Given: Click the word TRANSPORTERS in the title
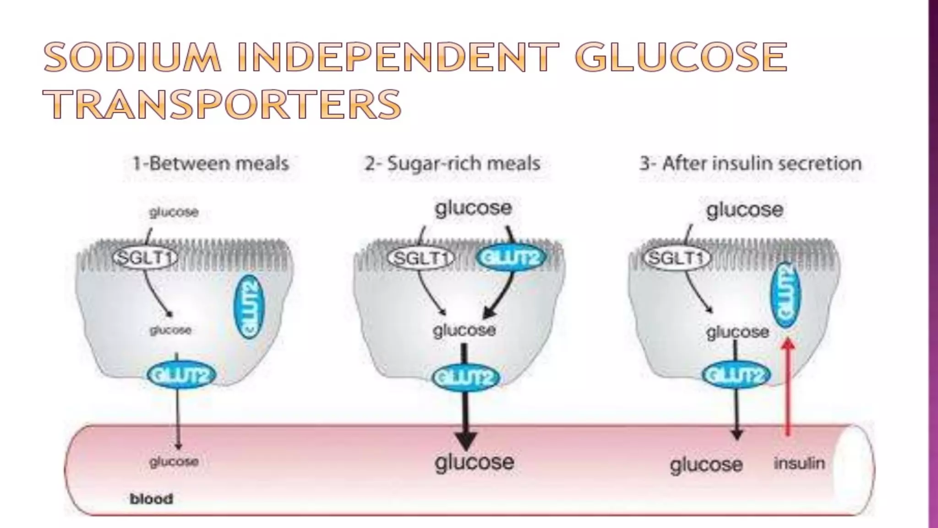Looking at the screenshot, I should pyautogui.click(x=223, y=104).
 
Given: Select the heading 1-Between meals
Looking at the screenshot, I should pyautogui.click(x=211, y=164).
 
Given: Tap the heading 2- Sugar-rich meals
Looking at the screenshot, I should pyautogui.click(x=453, y=164).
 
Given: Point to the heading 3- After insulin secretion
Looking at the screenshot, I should pyautogui.click(x=751, y=164).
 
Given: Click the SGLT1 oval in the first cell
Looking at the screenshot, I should pyautogui.click(x=145, y=258).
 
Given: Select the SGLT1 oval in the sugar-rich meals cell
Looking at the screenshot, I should pyautogui.click(x=420, y=258).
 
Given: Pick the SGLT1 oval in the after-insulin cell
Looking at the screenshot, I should pyautogui.click(x=676, y=258).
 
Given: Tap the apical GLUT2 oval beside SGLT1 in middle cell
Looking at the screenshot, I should pyautogui.click(x=511, y=258).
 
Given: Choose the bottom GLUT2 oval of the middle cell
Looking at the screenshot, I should pyautogui.click(x=466, y=378).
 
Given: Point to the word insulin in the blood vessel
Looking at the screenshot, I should pyautogui.click(x=799, y=463).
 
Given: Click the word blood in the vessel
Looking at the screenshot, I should pyautogui.click(x=151, y=499).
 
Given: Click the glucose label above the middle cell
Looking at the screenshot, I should pyautogui.click(x=473, y=209).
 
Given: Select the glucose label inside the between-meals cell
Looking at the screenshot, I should pyautogui.click(x=170, y=330).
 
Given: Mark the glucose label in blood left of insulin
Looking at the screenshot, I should pyautogui.click(x=706, y=465).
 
